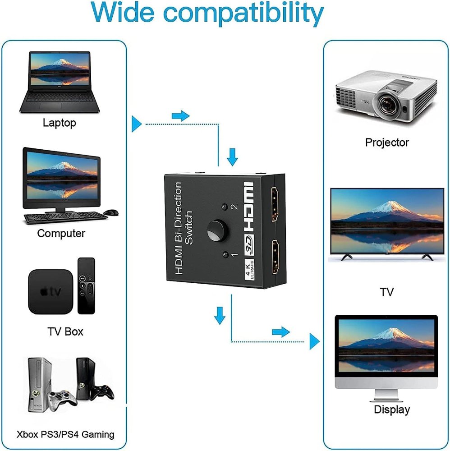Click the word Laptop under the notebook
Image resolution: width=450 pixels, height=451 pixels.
tap(59, 123)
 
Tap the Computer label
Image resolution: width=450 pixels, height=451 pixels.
tap(61, 233)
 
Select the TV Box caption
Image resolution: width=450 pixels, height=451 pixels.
tap(65, 331)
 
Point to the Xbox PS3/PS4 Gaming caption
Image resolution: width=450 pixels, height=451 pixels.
tap(65, 435)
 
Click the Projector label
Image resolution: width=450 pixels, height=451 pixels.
tap(387, 143)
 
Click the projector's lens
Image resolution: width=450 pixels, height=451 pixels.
tap(389, 106)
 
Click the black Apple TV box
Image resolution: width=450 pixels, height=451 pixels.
tap(50, 291)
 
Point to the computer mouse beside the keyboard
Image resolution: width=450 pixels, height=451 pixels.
tap(111, 212)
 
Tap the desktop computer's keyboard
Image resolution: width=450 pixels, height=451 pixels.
tap(65, 217)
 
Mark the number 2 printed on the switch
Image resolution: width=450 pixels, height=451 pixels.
tap(234, 207)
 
